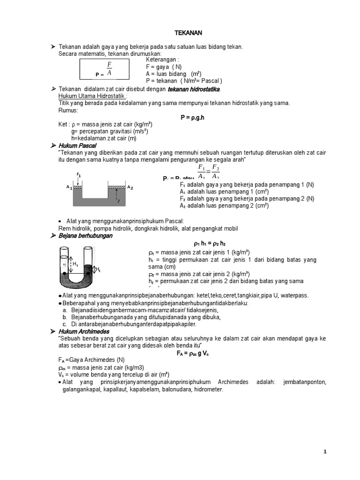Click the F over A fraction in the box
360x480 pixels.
(x=109, y=68)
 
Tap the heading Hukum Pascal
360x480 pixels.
(x=77, y=146)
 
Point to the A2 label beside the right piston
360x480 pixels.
(x=130, y=187)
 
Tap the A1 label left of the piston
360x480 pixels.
(x=69, y=187)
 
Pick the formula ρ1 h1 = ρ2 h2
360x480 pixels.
(x=210, y=244)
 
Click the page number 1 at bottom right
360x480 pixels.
(x=324, y=452)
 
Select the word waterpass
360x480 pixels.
(x=295, y=296)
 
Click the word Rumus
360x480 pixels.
(x=68, y=110)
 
